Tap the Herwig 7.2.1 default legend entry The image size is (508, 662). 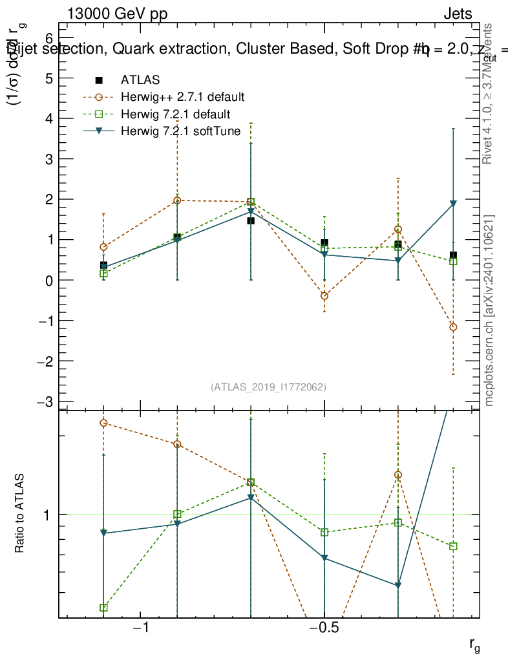click(x=175, y=114)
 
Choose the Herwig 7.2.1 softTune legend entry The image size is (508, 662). click(x=180, y=131)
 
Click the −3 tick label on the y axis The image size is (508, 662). click(x=45, y=401)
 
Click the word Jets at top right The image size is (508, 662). click(x=458, y=14)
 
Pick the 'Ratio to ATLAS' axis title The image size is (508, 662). click(x=20, y=514)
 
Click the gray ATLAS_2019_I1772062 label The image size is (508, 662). click(x=268, y=387)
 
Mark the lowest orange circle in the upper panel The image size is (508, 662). click(x=453, y=327)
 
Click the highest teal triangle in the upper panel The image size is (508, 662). click(x=453, y=204)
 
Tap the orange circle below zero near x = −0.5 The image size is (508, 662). click(x=324, y=296)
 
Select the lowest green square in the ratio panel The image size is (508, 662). click(x=103, y=608)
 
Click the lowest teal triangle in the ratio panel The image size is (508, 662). click(x=398, y=586)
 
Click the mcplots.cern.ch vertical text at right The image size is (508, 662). click(x=489, y=310)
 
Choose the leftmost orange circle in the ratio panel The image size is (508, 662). click(x=103, y=423)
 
